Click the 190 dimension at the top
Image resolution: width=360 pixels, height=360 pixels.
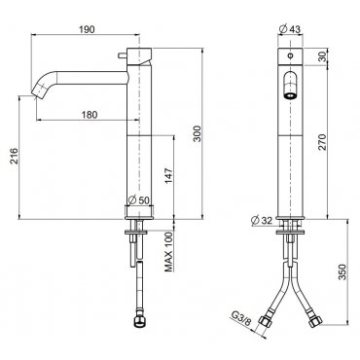[x=87, y=29]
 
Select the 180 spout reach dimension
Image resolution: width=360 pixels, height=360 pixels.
[x=90, y=115]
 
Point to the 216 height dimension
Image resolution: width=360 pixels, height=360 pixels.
[x=14, y=156]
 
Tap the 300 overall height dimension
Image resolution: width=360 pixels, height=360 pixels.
[x=198, y=133]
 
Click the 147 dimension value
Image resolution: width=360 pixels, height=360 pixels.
[x=169, y=176]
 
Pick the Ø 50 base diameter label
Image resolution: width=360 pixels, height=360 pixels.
[x=139, y=200]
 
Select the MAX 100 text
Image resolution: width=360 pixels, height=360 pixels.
[x=168, y=252]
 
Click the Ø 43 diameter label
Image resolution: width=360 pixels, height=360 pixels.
[x=290, y=29]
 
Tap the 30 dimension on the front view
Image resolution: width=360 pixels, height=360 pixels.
[x=322, y=57]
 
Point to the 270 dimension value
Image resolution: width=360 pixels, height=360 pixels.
[x=322, y=142]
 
